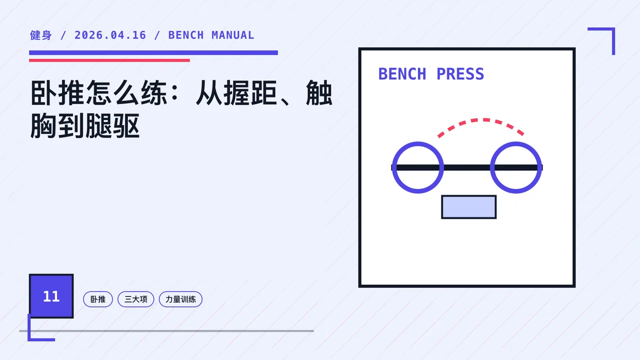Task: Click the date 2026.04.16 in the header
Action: (x=110, y=35)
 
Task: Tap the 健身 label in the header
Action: (x=41, y=35)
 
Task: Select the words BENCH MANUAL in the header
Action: (x=211, y=35)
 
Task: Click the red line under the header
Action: (x=109, y=60)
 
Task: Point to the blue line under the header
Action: (x=153, y=52)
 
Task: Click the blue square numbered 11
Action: (x=51, y=296)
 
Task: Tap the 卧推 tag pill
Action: (x=98, y=299)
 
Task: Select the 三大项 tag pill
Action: (x=135, y=299)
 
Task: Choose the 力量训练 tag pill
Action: (x=180, y=299)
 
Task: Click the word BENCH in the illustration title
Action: (x=402, y=74)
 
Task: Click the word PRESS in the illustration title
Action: (x=460, y=74)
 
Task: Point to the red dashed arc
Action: (x=481, y=120)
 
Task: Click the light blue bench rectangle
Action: (x=469, y=207)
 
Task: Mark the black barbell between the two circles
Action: (x=467, y=167)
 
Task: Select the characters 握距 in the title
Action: (x=250, y=93)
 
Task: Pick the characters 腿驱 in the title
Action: (x=112, y=125)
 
